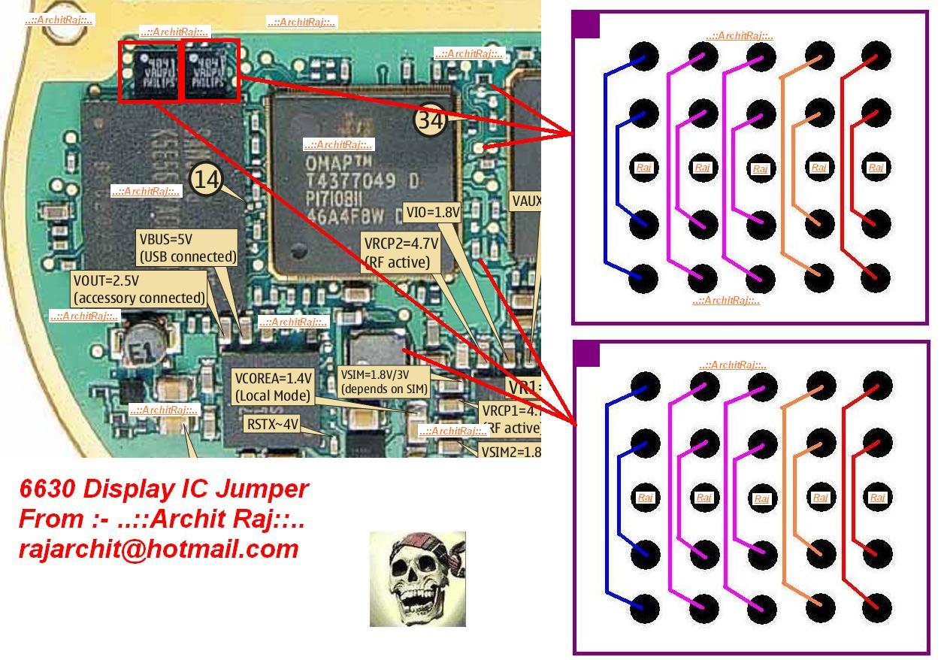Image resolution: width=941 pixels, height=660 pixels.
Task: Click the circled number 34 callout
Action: [430, 119]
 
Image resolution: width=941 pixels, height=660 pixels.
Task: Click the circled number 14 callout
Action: [207, 179]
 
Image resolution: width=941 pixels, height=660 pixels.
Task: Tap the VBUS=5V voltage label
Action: [187, 248]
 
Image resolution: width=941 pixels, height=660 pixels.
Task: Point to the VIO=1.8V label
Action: [432, 213]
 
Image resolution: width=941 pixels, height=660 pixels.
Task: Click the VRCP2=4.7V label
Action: [401, 253]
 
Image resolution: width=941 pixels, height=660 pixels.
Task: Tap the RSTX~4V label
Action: [272, 425]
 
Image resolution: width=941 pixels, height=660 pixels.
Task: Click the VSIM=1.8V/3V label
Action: [384, 382]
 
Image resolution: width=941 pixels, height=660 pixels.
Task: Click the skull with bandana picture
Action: [417, 579]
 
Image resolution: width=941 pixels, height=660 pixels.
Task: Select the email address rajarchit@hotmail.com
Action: [159, 549]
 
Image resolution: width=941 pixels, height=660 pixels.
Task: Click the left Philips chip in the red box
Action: [150, 71]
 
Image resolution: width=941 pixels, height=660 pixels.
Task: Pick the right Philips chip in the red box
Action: [210, 71]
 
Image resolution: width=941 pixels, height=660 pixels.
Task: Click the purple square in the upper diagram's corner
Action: [586, 25]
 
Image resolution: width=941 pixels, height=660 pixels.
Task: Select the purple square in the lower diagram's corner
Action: [587, 354]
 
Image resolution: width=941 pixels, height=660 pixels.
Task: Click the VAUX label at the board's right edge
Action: [525, 201]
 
